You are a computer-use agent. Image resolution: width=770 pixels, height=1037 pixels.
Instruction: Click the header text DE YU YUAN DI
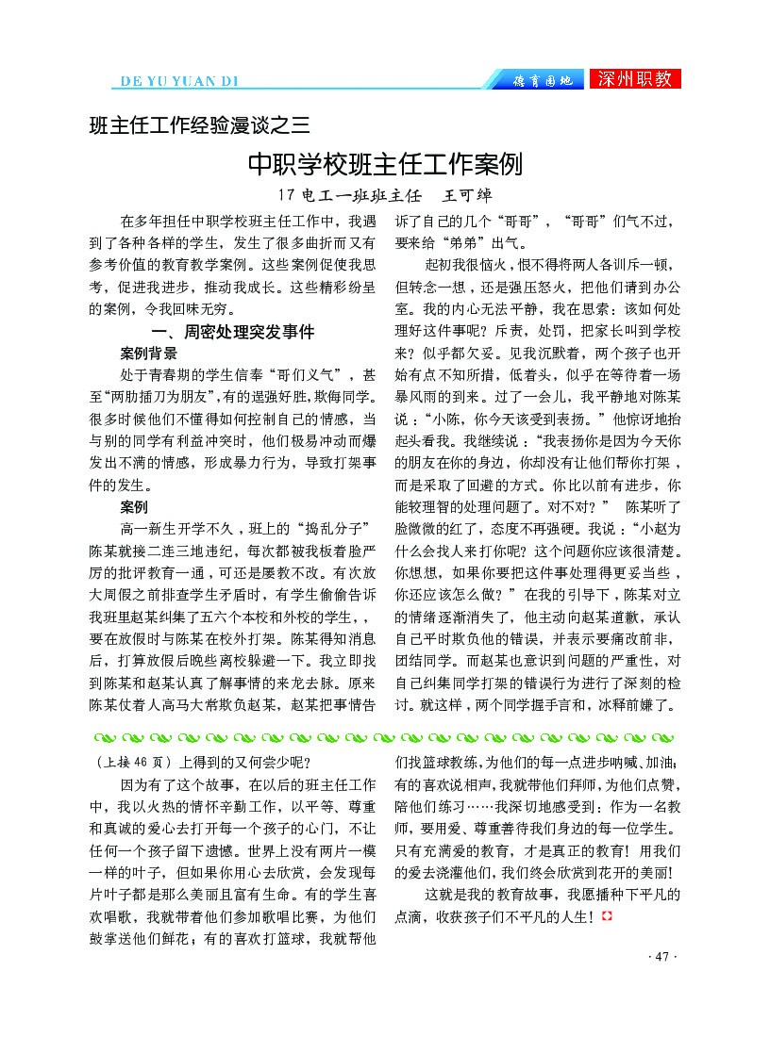(181, 80)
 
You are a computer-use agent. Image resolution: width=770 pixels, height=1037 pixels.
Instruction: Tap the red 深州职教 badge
(634, 79)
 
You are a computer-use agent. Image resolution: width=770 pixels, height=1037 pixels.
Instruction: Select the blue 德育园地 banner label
(542, 80)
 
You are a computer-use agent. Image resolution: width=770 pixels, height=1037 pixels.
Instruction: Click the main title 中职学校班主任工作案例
(384, 165)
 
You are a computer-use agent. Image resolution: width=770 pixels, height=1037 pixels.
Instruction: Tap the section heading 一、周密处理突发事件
(233, 332)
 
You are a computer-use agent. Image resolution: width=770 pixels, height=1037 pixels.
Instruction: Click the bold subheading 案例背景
(149, 354)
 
